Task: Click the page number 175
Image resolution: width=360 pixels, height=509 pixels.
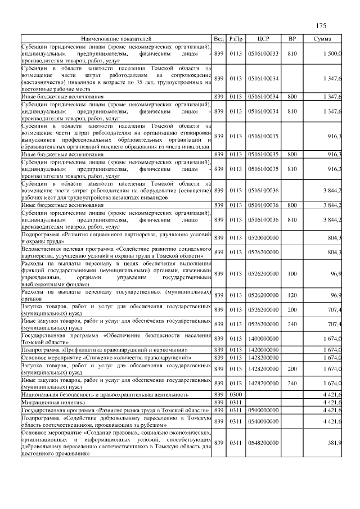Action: point(321,26)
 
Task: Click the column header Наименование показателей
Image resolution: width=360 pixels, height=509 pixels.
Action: point(116,38)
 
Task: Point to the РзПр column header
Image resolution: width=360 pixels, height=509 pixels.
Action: point(236,38)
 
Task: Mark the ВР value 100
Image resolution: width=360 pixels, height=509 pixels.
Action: point(291,273)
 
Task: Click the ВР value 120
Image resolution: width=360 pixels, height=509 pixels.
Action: point(291,295)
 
